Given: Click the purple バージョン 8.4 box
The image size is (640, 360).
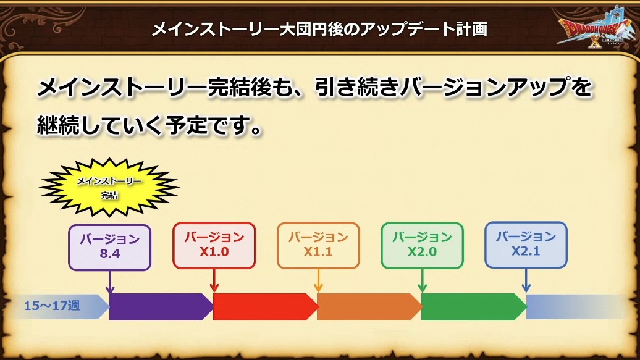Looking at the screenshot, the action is tap(110, 248).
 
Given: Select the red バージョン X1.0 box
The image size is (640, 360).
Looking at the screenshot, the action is tap(214, 245).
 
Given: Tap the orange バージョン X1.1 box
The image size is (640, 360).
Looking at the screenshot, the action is tap(318, 245).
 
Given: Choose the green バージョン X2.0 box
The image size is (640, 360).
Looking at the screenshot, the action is tap(422, 245).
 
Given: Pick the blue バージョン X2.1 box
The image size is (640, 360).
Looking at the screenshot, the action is tap(526, 245).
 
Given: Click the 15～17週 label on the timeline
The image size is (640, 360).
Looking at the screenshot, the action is tap(52, 306).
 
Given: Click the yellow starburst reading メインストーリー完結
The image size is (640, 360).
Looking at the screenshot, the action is tap(109, 187).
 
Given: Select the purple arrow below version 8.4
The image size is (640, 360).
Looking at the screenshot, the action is tap(110, 282).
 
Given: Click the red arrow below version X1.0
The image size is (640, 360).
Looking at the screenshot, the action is tap(214, 281).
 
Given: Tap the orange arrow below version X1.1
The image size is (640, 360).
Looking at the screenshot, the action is tap(318, 281).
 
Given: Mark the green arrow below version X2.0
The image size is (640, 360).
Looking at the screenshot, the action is tap(422, 281).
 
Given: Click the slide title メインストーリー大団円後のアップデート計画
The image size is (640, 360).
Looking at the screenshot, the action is tap(319, 30).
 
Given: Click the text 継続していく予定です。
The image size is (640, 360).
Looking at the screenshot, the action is tap(149, 125).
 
